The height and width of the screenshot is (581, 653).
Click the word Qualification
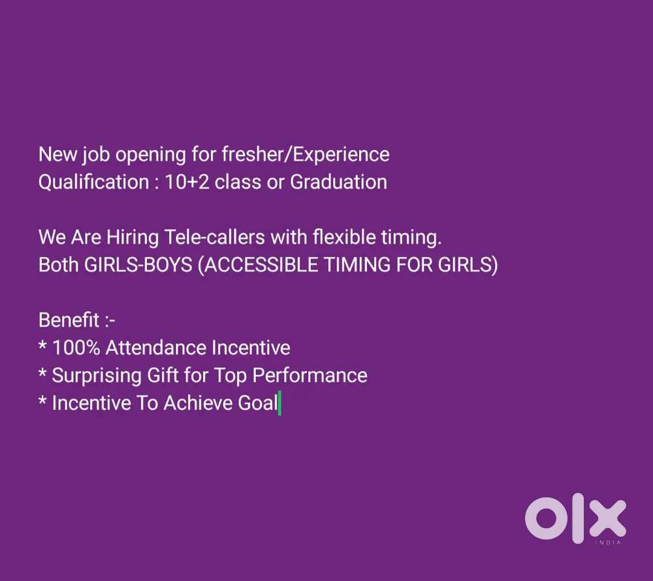tap(93, 183)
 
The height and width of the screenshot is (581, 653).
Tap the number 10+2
tap(187, 182)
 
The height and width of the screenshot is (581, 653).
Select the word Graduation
tap(338, 182)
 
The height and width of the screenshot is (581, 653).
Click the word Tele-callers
tap(215, 237)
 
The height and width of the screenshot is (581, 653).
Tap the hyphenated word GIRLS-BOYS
tap(138, 265)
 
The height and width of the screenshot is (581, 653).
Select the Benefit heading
tap(69, 320)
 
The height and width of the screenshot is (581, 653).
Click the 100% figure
tap(76, 348)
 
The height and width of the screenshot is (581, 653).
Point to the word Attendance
tap(155, 348)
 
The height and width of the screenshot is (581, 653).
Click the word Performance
tap(310, 376)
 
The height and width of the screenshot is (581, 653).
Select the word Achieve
tap(198, 403)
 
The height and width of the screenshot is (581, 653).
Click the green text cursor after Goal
tap(279, 403)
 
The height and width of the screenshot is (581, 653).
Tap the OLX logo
tap(575, 518)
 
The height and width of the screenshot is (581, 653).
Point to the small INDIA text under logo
tap(609, 542)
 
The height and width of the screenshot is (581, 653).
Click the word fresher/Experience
tap(306, 155)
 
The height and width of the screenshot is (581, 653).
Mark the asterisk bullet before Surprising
tap(42, 373)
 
